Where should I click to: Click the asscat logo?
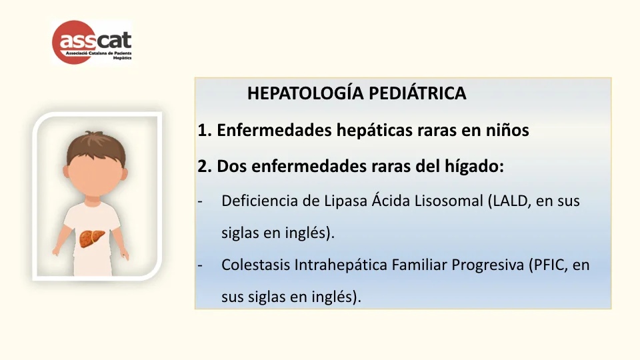(x=92, y=42)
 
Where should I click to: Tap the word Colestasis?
(x=254, y=265)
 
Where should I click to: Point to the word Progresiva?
(x=486, y=265)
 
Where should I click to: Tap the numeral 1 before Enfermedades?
(x=202, y=131)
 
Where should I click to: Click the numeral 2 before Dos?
(x=203, y=166)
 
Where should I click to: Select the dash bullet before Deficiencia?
(x=200, y=201)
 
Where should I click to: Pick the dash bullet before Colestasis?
(x=200, y=265)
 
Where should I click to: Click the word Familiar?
(x=425, y=265)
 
